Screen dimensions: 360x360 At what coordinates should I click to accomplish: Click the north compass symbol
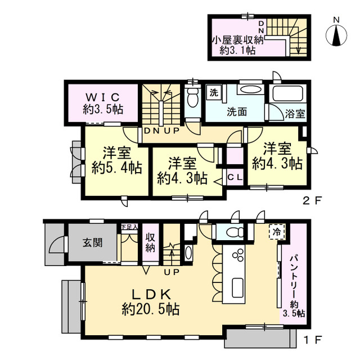(x=336, y=34)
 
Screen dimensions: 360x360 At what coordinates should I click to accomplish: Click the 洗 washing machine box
(x=214, y=92)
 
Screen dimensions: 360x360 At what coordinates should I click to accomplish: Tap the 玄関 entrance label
(x=93, y=243)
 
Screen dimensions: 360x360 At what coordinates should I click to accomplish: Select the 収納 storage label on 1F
(x=151, y=242)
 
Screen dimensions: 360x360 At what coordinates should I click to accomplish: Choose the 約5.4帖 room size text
(x=116, y=168)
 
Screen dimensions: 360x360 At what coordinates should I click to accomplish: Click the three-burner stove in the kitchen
(x=238, y=255)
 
